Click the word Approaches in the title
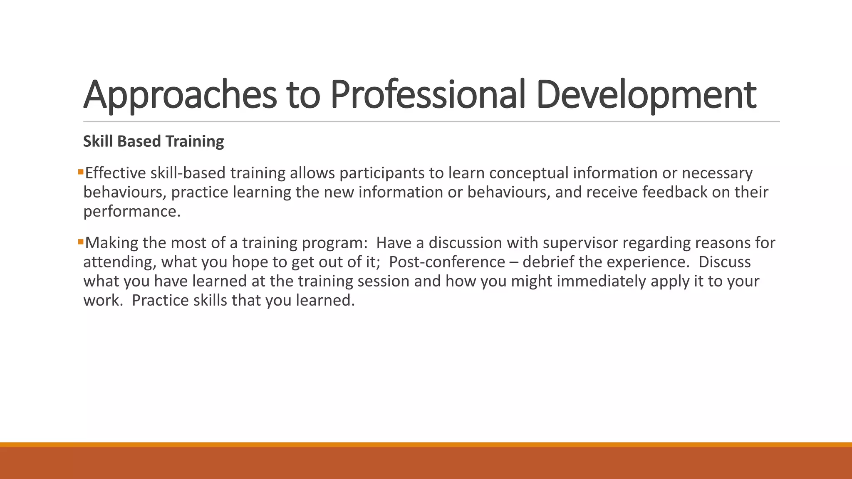[x=180, y=95]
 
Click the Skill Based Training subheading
[x=154, y=141]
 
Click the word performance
[x=131, y=211]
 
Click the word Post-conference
[x=447, y=262]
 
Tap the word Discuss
[x=724, y=262]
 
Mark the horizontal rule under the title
[x=431, y=121]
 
